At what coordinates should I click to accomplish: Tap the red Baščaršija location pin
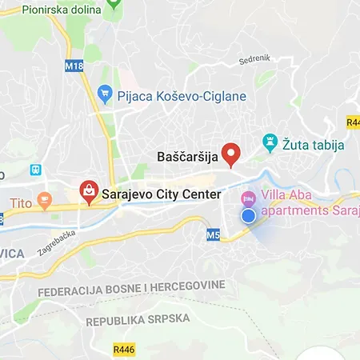(231, 154)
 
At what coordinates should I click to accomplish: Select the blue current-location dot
(248, 215)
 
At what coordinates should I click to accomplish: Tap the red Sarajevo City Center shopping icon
(88, 192)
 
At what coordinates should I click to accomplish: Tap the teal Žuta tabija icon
(270, 144)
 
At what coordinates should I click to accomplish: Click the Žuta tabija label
(313, 145)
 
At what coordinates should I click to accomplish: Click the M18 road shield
(74, 66)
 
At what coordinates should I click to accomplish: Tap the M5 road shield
(212, 235)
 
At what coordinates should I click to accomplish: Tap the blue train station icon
(35, 170)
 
